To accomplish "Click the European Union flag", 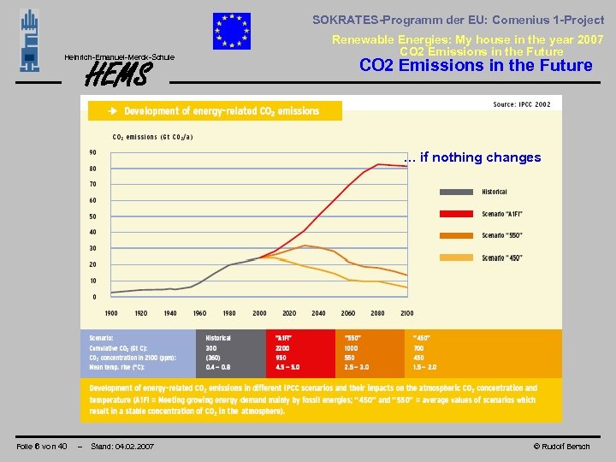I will point(232,32).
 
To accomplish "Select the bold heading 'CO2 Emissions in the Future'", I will point(476,66).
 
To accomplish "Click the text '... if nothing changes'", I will point(472,157).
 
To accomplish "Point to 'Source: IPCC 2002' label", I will point(522,104).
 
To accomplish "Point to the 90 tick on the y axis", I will point(92,152).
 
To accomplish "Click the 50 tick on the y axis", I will point(92,216).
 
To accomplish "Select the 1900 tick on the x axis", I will point(111,313).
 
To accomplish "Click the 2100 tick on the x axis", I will point(406,313).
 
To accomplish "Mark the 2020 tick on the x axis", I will point(289,313).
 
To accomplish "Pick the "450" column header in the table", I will point(422,338).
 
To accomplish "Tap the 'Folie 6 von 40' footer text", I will point(42,447).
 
